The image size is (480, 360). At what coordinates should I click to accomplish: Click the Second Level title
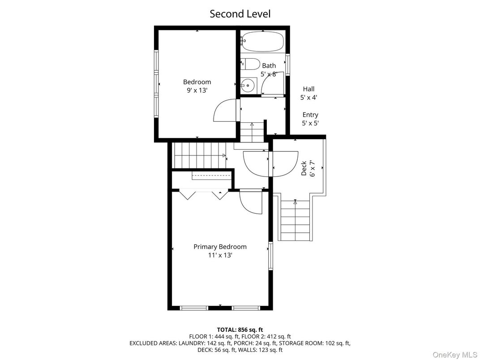pyautogui.click(x=240, y=14)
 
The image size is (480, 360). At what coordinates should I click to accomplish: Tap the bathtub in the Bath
pyautogui.click(x=263, y=42)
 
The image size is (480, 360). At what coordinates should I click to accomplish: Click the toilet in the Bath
pyautogui.click(x=251, y=64)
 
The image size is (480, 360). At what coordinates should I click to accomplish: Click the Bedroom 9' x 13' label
pyautogui.click(x=197, y=86)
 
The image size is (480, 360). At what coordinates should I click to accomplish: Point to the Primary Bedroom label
pyautogui.click(x=220, y=247)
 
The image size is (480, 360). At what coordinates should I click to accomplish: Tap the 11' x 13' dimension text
pyautogui.click(x=220, y=256)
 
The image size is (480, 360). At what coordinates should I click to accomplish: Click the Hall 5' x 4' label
pyautogui.click(x=309, y=93)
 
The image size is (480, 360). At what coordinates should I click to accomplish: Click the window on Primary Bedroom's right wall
pyautogui.click(x=270, y=256)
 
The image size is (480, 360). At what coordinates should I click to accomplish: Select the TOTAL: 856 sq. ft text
pyautogui.click(x=240, y=330)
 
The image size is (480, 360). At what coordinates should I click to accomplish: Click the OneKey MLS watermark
pyautogui.click(x=455, y=354)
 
